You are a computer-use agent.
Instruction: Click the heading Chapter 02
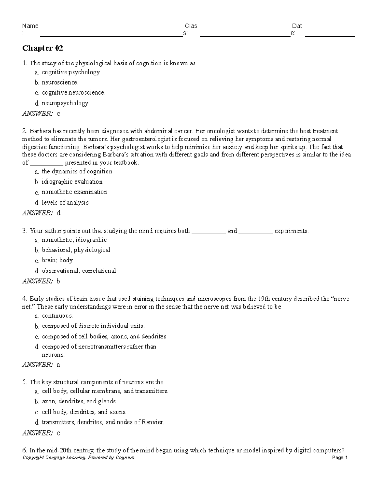click(x=42, y=48)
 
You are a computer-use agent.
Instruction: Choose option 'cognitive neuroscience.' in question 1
click(x=74, y=93)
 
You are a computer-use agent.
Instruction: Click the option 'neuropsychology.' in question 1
click(x=66, y=103)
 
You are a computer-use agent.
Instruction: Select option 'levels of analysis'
click(x=65, y=202)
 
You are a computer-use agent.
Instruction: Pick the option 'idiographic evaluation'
click(x=72, y=182)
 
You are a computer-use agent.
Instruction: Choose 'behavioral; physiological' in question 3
click(x=76, y=250)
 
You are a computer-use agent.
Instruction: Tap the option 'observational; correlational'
click(x=79, y=271)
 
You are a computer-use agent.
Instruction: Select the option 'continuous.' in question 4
click(x=57, y=316)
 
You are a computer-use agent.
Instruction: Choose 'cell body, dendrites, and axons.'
click(x=84, y=412)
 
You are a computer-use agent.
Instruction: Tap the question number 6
click(x=25, y=450)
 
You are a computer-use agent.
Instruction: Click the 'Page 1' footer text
click(x=340, y=458)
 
